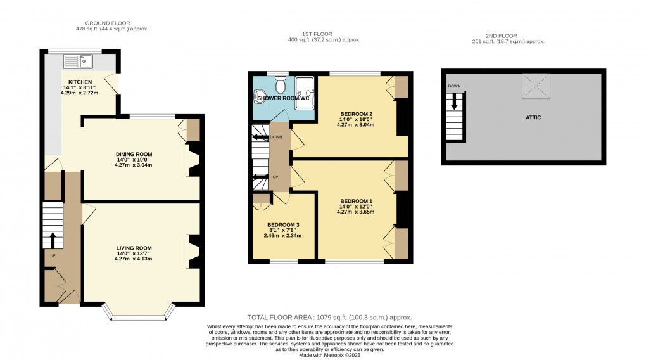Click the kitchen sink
(78, 61)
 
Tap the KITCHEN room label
(81, 82)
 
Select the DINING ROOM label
(134, 153)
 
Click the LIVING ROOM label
(134, 247)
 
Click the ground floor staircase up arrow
(53, 240)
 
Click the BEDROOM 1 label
(355, 201)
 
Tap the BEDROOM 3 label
(282, 225)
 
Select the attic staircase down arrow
(455, 102)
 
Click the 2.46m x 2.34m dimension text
(282, 236)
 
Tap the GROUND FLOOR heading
(96, 22)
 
